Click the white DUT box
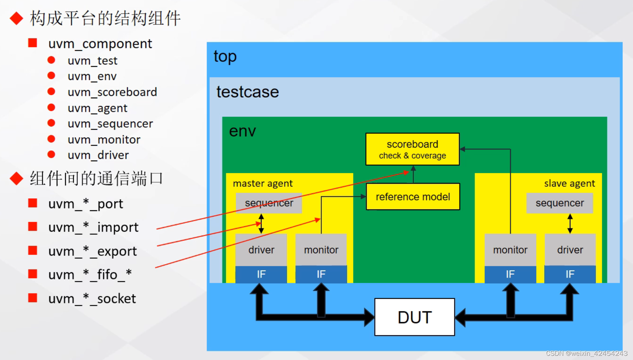coord(414,317)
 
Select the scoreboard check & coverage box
coord(412,149)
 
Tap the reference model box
coord(413,197)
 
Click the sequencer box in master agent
coord(269,203)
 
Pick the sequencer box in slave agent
coord(559,203)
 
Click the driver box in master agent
coord(261,250)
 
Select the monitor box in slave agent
coord(510,250)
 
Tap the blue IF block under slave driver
coord(570,274)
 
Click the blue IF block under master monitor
coord(321,274)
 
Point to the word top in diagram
coord(225,56)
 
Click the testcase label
coord(247,92)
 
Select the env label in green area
coord(242,131)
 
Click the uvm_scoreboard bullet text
coord(112,92)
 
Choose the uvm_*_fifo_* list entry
coord(90,274)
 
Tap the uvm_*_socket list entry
coord(92,299)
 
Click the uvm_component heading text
coord(100,44)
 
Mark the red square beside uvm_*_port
coord(33,203)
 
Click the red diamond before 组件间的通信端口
coord(17,178)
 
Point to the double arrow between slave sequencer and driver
coord(570,223)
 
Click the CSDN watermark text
coord(587,353)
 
